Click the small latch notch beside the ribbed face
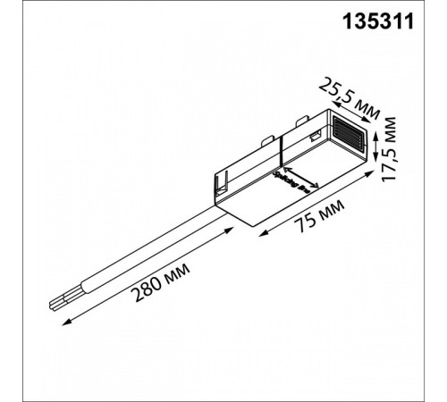click(x=316, y=136)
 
